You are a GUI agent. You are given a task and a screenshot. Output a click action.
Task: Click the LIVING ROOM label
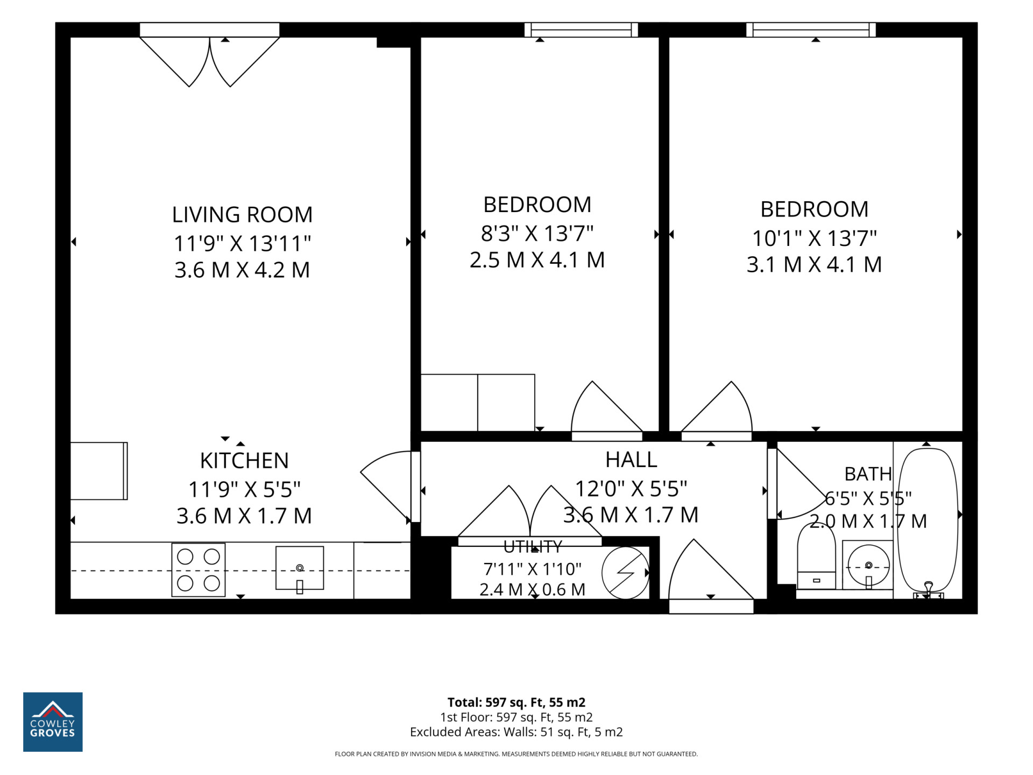click(x=242, y=215)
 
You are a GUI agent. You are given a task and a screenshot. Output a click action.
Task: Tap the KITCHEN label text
click(x=244, y=461)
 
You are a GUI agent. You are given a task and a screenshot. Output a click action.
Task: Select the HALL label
click(x=631, y=460)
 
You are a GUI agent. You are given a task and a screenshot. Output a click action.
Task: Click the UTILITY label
click(x=533, y=547)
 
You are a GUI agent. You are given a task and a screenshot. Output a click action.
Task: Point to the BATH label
click(x=868, y=474)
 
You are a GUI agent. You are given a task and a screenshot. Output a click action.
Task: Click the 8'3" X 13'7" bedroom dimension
click(x=537, y=234)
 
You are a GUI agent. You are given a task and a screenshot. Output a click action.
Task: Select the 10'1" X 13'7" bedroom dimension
click(x=814, y=238)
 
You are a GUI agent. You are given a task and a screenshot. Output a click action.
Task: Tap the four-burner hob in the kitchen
click(x=198, y=570)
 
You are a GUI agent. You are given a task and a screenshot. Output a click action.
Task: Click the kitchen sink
click(x=300, y=568)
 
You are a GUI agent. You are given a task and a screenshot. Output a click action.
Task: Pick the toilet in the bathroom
click(x=816, y=556)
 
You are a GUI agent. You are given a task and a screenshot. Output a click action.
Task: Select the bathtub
click(x=928, y=521)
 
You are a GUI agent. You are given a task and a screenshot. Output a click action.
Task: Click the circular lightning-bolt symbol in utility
click(x=626, y=573)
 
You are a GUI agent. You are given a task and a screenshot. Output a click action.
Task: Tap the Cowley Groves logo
click(x=53, y=722)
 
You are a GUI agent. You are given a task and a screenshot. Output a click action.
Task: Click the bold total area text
click(x=516, y=702)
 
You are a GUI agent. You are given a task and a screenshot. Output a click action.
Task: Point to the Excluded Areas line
click(x=516, y=732)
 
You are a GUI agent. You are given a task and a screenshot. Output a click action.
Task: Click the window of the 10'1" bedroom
click(x=811, y=30)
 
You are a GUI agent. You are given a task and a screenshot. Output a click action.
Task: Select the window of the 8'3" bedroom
click(x=581, y=30)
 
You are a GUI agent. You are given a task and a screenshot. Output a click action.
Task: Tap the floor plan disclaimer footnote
click(x=516, y=754)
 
